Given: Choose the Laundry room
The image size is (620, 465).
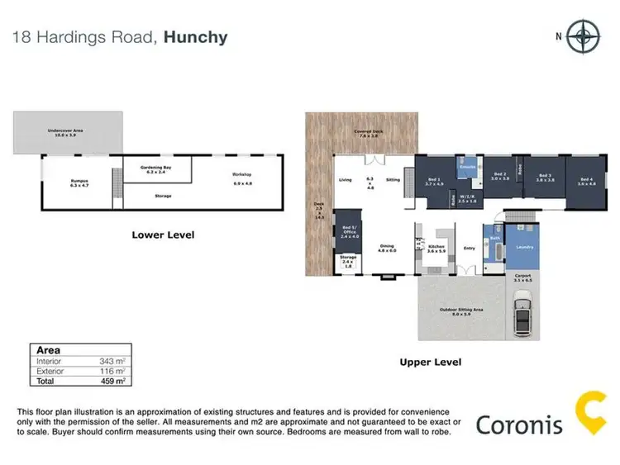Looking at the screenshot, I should pos(522,246).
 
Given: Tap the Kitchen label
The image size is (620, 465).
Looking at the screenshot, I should pos(436,247).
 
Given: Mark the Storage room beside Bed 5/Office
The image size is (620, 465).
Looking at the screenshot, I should pos(348,263).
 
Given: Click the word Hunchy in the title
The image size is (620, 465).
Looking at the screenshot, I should pos(195,37).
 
